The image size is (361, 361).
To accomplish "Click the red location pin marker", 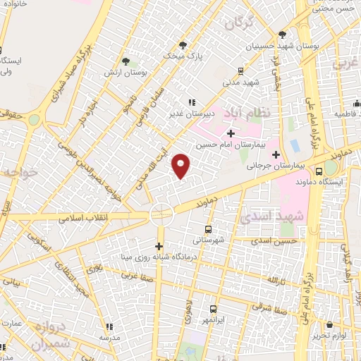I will pyautogui.click(x=182, y=166).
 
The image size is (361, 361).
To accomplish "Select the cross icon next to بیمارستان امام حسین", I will pyautogui.click(x=231, y=133).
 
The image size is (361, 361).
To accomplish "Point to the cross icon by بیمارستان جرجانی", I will pyautogui.click(x=276, y=154).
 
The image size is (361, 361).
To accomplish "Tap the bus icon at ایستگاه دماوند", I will pyautogui.click(x=319, y=171).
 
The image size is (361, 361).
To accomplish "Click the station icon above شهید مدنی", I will pyautogui.click(x=241, y=71).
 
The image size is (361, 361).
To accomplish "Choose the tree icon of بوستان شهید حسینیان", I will pyautogui.click(x=282, y=34).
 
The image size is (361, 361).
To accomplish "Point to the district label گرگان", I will pyautogui.click(x=238, y=23).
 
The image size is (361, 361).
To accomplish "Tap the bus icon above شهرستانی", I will pyautogui.click(x=207, y=229).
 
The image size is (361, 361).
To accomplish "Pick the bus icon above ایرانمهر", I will pyautogui.click(x=214, y=309).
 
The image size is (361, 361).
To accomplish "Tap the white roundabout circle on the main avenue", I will pyautogui.click(x=161, y=214).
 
